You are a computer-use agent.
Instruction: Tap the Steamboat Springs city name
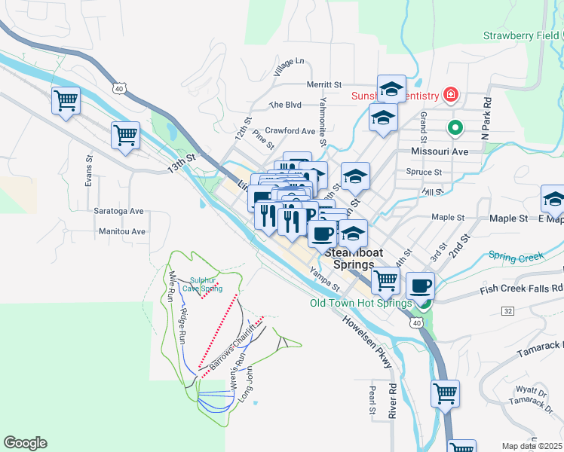(x=350, y=259)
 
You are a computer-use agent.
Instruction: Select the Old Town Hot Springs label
(x=360, y=304)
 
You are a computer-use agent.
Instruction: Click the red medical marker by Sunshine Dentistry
(x=451, y=95)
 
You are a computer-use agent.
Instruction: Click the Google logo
(x=25, y=443)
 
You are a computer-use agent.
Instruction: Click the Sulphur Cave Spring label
(x=206, y=284)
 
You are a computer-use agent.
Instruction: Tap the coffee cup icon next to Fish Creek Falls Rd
(x=420, y=286)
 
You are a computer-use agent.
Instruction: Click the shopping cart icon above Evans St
(x=126, y=136)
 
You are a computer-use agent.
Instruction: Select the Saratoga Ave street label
(x=118, y=212)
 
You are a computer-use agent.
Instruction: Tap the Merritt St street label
(x=324, y=85)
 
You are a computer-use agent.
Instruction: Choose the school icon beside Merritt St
(x=391, y=89)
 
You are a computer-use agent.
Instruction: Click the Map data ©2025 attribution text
(x=532, y=446)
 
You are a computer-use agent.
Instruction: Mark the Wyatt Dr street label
(x=531, y=390)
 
